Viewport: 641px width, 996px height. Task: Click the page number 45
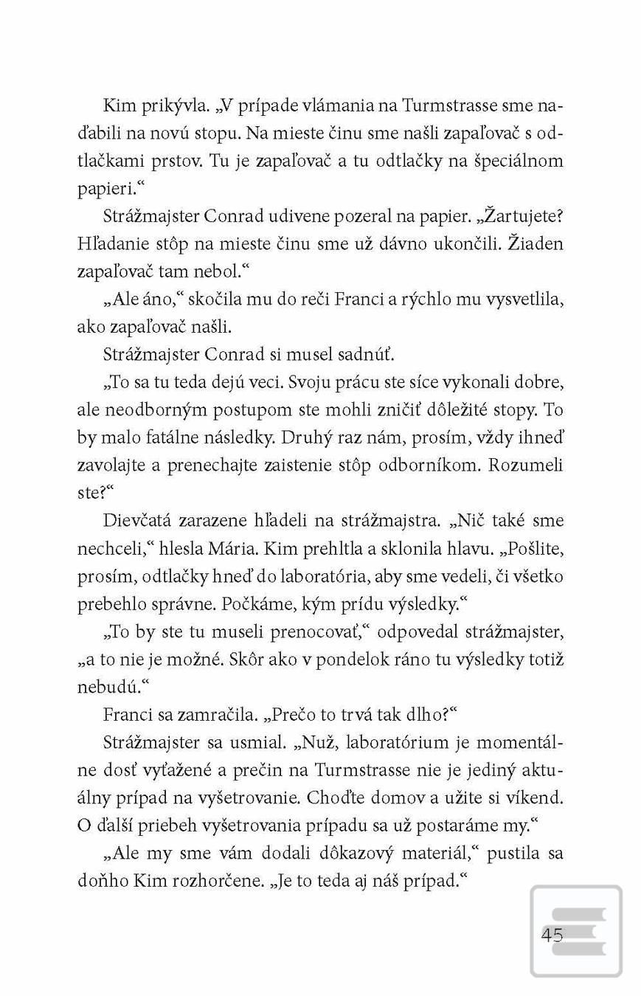pos(552,936)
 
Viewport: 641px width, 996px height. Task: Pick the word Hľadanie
pos(115,243)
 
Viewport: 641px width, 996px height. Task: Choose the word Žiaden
pos(536,243)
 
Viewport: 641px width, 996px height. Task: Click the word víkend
pos(535,797)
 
